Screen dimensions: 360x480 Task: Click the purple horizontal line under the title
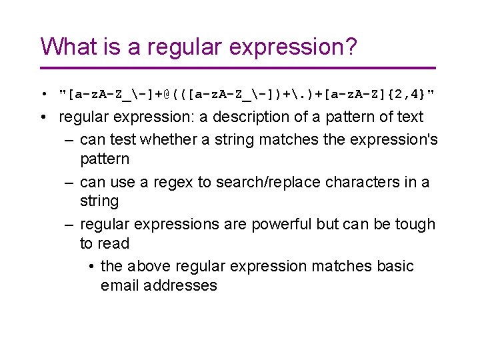click(x=237, y=68)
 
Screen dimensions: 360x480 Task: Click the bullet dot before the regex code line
click(x=42, y=93)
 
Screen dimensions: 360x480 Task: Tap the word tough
click(x=415, y=225)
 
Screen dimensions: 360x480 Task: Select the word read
click(x=114, y=244)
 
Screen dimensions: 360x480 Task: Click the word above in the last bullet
click(x=147, y=267)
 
